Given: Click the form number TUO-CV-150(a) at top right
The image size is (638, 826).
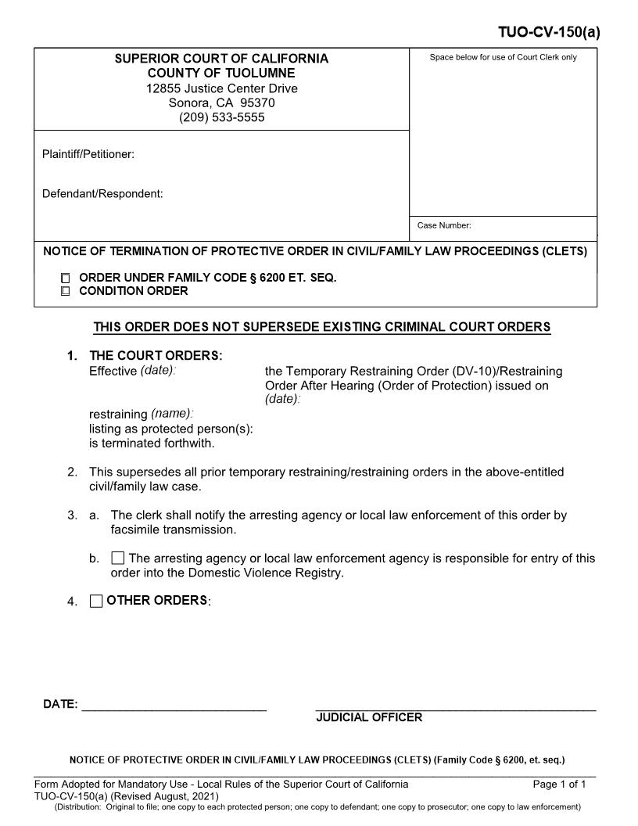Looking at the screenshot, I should coord(549,32).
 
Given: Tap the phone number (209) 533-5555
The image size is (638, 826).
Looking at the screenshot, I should coord(221,117).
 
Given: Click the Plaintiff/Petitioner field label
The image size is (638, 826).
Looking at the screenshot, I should coord(88,154).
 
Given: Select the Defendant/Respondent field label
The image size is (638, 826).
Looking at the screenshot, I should coord(102,193).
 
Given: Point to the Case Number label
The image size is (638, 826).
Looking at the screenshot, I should coord(444,225).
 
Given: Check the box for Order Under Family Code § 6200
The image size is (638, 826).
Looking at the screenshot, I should coord(65,278).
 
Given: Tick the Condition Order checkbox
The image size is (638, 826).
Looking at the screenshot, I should coord(65,291).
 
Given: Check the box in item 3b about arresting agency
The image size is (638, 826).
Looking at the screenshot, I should coord(118,558).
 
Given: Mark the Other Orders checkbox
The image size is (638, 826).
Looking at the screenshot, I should coord(96,601).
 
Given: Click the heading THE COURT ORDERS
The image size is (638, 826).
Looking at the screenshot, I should coord(156,355).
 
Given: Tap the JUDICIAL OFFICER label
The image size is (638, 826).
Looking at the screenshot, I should coord(369,717).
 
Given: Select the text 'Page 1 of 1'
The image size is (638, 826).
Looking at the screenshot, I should coord(559,784).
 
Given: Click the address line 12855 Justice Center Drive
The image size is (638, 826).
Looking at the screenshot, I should coord(221,88).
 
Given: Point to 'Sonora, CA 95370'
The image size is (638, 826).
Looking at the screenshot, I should coord(221,102).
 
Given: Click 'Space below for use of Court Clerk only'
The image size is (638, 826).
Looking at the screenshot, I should coord(504,57).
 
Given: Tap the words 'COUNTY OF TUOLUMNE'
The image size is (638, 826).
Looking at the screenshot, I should coord(221,73).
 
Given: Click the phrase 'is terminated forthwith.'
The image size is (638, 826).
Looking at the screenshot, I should coord(152,443).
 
